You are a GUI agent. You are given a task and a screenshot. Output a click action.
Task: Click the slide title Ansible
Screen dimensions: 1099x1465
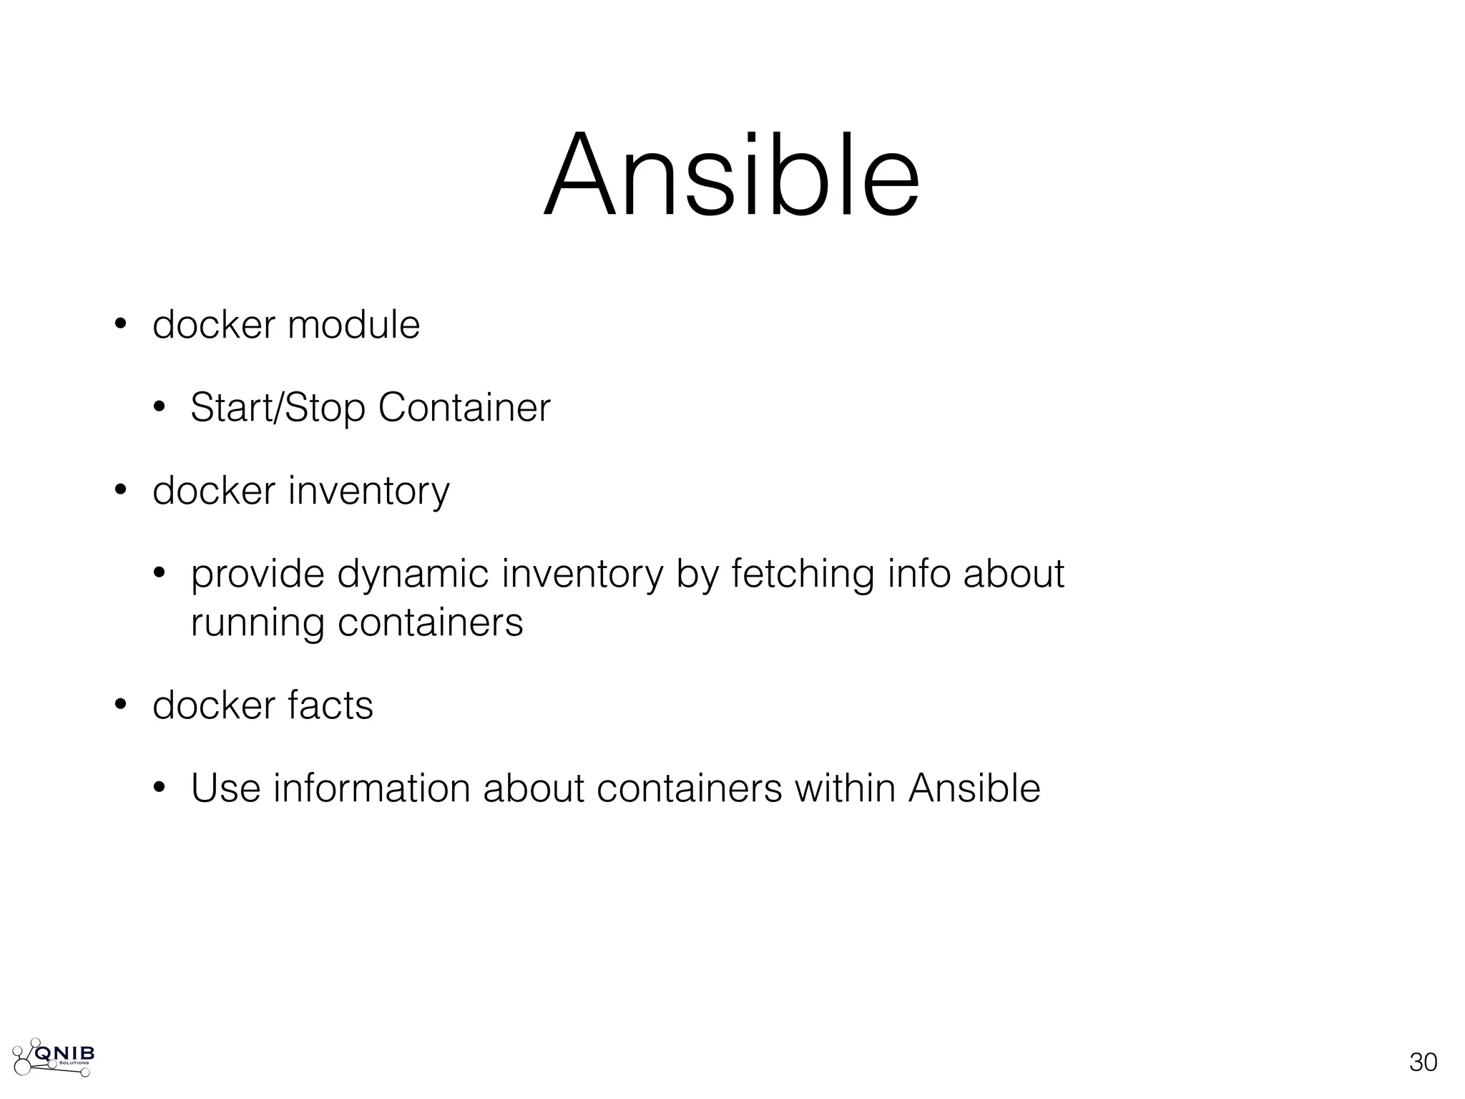click(x=731, y=175)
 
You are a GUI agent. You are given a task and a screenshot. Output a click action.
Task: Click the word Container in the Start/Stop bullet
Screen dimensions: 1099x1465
click(x=464, y=408)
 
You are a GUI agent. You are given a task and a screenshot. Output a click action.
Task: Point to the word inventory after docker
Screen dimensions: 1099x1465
click(x=369, y=492)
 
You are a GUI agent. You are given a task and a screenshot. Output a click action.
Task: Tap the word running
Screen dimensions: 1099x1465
click(x=258, y=622)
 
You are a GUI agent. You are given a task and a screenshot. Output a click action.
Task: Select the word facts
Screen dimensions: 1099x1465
click(x=330, y=705)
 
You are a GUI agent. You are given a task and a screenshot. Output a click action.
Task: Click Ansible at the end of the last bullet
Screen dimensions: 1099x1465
click(x=974, y=788)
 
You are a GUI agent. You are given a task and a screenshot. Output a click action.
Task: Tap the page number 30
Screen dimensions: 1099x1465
click(x=1423, y=1063)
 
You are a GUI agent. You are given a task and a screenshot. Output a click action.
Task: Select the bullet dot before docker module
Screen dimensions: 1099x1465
click(x=120, y=325)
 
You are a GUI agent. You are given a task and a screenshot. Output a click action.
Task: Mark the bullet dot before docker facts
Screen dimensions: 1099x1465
click(x=120, y=705)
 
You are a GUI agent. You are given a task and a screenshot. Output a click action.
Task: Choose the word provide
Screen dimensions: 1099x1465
click(x=258, y=575)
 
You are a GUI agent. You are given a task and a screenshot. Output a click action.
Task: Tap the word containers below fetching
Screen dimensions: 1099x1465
click(x=430, y=622)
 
